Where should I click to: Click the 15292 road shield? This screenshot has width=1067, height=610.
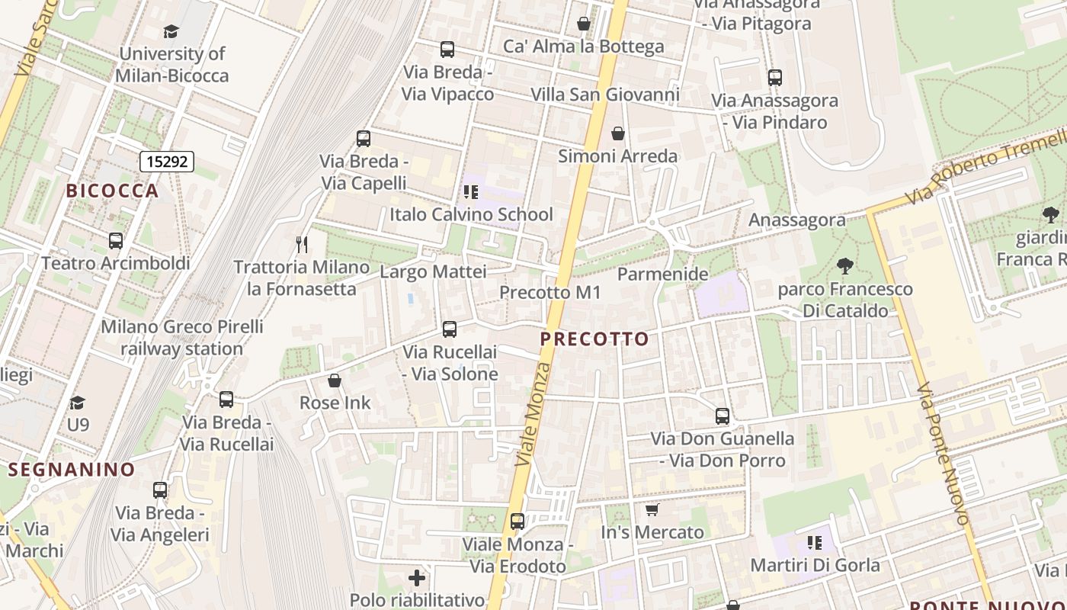click(x=167, y=162)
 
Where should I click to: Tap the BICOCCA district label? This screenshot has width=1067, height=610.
click(x=113, y=191)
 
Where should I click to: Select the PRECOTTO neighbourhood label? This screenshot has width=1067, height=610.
click(x=595, y=339)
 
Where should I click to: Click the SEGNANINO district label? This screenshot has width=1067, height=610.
click(x=72, y=469)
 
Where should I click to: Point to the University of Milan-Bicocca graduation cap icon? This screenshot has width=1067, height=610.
click(x=171, y=32)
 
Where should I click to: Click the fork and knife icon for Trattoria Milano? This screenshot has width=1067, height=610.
click(x=302, y=245)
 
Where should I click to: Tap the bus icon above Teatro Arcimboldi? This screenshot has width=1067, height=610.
click(x=116, y=241)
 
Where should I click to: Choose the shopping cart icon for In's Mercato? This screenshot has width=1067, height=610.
click(x=652, y=509)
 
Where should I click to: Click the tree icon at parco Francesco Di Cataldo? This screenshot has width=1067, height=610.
click(x=844, y=266)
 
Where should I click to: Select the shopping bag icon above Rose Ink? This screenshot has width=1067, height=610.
click(x=334, y=380)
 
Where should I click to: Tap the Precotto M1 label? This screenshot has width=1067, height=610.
click(x=550, y=293)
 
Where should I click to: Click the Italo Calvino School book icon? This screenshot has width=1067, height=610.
click(x=470, y=192)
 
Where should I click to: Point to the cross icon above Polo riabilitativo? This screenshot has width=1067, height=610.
click(x=417, y=578)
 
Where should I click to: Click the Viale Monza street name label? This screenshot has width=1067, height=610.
click(x=533, y=415)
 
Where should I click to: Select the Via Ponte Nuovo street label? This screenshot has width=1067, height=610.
click(x=945, y=454)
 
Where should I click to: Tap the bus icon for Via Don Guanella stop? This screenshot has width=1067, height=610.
click(x=723, y=416)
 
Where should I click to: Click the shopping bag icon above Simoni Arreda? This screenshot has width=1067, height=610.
click(x=617, y=134)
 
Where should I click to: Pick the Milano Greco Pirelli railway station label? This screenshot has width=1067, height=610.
click(x=182, y=338)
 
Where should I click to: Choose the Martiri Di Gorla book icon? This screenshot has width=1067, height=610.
click(x=815, y=543)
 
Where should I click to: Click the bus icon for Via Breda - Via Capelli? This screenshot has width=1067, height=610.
click(x=364, y=139)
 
